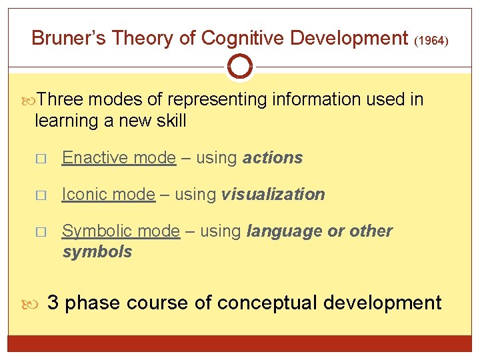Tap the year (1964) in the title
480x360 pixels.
pos(431,41)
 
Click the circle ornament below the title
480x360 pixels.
pos(239,67)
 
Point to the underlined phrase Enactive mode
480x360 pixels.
pos(119,158)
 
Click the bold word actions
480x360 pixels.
pos(273,158)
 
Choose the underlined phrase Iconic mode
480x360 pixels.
pos(108,195)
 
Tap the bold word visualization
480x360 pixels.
pos(273,195)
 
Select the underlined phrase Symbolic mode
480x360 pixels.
pos(121,231)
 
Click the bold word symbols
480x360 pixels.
pos(97,252)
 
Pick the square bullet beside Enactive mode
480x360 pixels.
pos(41,159)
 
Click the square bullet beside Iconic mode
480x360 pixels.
pos(41,195)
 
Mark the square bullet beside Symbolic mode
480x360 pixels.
pos(41,232)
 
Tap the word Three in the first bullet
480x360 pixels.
pos(61,100)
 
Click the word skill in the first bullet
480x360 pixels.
pos(169,121)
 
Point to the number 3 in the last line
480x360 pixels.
pos(54,303)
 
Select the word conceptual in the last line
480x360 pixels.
pos(268,303)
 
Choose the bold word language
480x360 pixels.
pos(285,232)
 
